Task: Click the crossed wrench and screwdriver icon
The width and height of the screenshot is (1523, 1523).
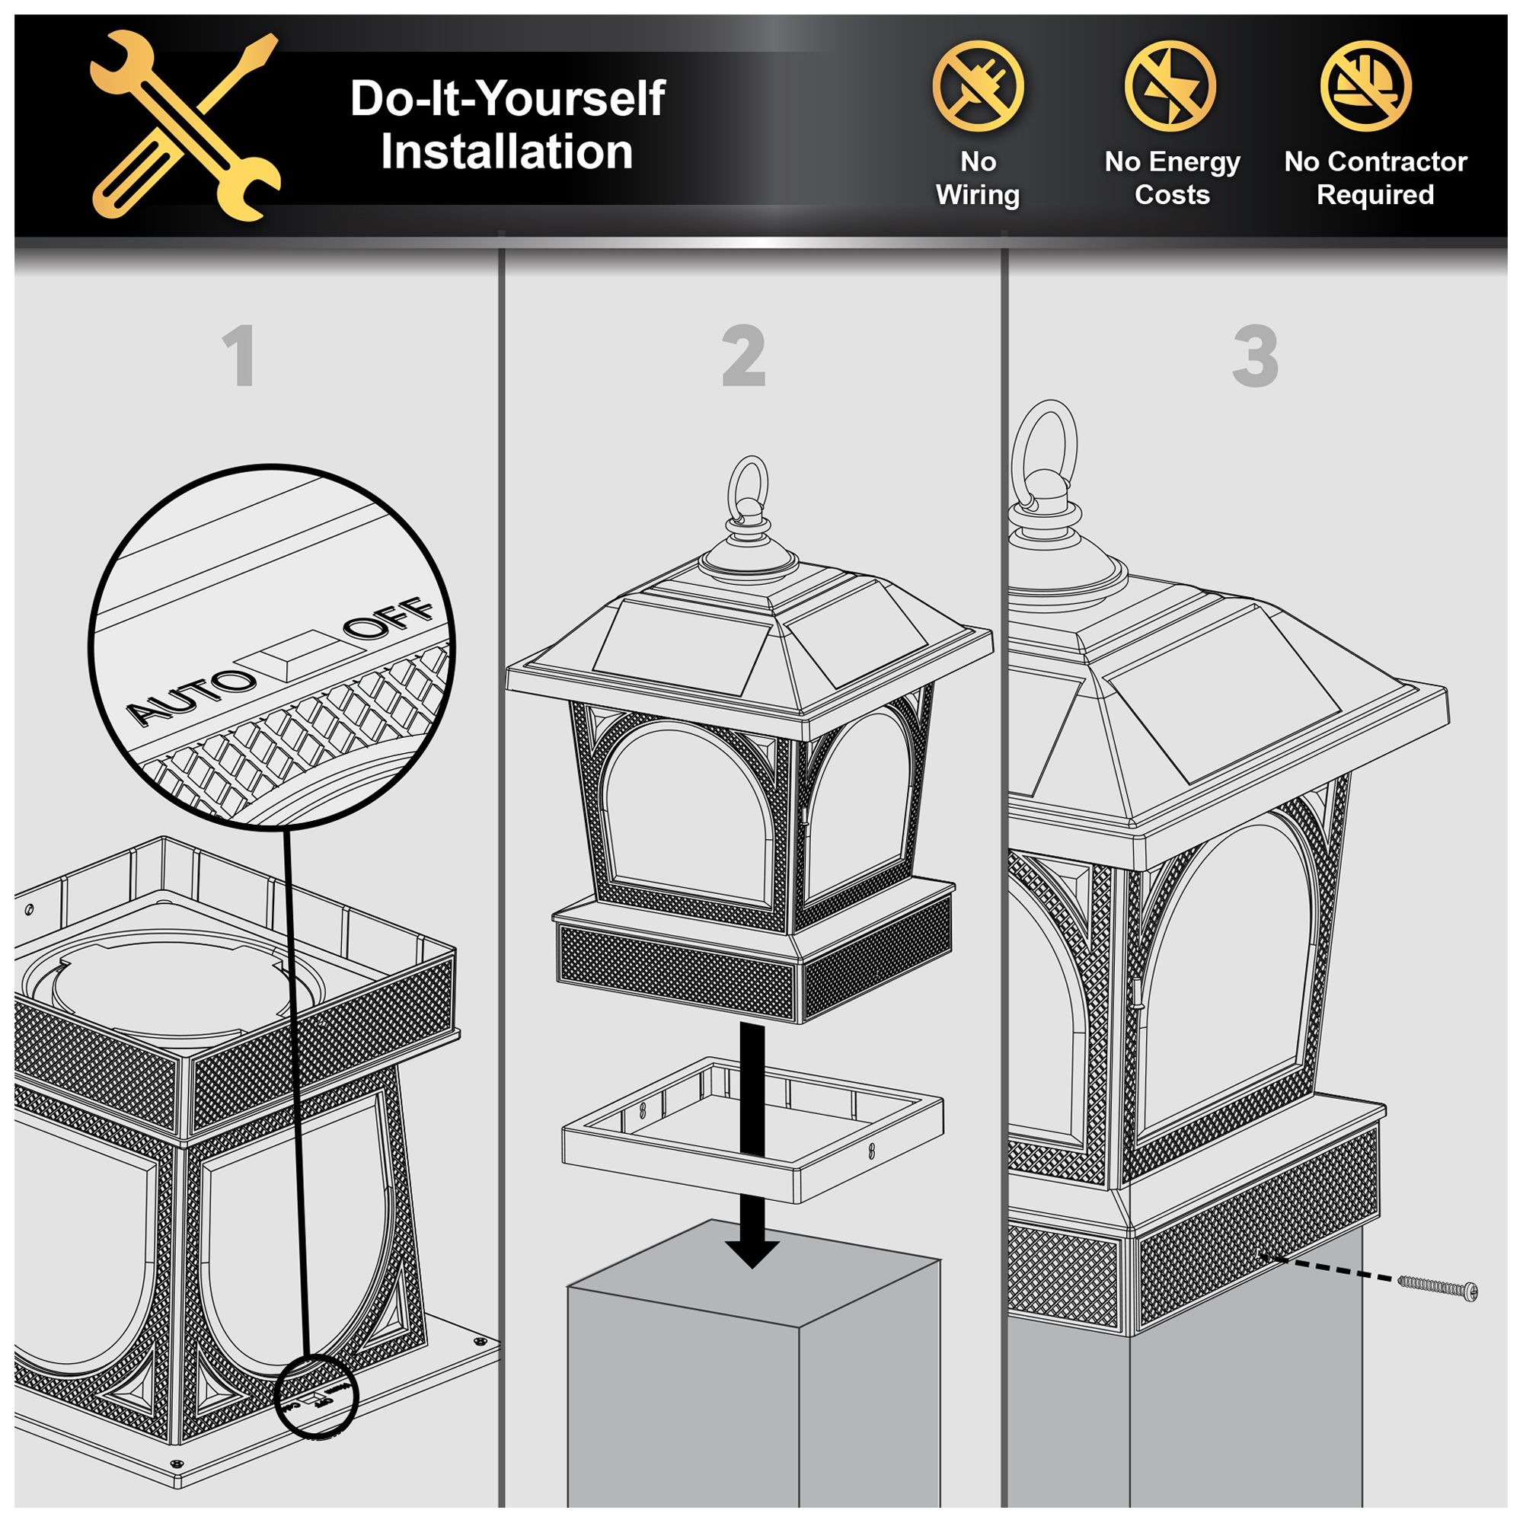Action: pyautogui.click(x=185, y=126)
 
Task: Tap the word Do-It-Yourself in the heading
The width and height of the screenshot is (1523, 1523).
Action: pyautogui.click(x=508, y=99)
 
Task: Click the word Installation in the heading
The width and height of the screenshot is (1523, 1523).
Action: pyautogui.click(x=507, y=152)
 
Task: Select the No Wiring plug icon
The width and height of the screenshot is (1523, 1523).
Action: pyautogui.click(x=978, y=86)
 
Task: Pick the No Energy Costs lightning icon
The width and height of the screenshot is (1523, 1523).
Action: pyautogui.click(x=1170, y=86)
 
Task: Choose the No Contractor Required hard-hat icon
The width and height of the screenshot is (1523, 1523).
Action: pyautogui.click(x=1366, y=86)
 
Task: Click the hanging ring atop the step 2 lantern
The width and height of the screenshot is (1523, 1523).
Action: pyautogui.click(x=748, y=490)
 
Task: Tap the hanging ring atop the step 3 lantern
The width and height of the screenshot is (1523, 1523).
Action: pyautogui.click(x=1045, y=453)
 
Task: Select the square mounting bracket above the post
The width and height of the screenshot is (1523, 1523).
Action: pyautogui.click(x=753, y=1129)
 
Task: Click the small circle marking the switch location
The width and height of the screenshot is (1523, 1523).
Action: pyautogui.click(x=318, y=1397)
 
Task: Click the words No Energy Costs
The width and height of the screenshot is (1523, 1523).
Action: pyautogui.click(x=1172, y=178)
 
